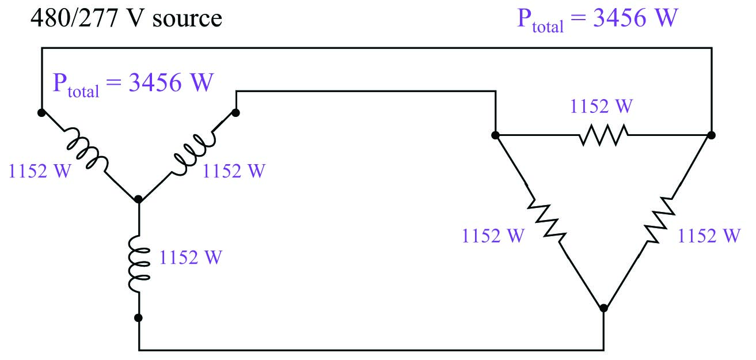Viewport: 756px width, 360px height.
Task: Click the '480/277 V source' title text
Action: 126,18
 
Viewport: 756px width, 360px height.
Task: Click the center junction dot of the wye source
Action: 138,200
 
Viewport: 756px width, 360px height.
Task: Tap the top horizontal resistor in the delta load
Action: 603,135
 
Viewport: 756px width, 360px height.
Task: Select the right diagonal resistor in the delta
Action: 658,219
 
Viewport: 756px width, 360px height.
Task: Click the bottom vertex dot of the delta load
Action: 603,308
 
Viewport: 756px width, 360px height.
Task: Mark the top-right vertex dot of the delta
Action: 712,135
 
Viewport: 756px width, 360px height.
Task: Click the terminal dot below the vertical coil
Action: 139,317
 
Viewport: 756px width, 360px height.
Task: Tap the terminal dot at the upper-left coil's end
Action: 41,112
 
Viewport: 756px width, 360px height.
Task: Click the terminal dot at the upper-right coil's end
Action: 236,112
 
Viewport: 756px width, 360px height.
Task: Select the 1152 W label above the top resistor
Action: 601,107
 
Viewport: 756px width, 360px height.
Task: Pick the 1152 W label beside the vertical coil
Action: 191,257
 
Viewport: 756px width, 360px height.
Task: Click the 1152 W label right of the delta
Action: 709,236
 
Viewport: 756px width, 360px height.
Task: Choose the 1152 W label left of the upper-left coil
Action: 40,172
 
